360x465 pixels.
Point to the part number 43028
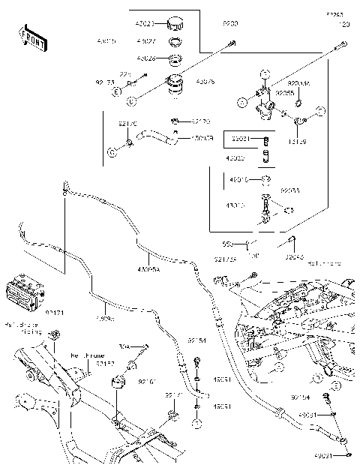[146, 58]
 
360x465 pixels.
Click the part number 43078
[205, 80]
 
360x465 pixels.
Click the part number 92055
[284, 92]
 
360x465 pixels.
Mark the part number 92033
[289, 191]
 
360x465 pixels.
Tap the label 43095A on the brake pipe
[148, 269]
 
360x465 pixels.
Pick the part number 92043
[295, 255]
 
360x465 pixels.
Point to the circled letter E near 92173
[116, 91]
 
